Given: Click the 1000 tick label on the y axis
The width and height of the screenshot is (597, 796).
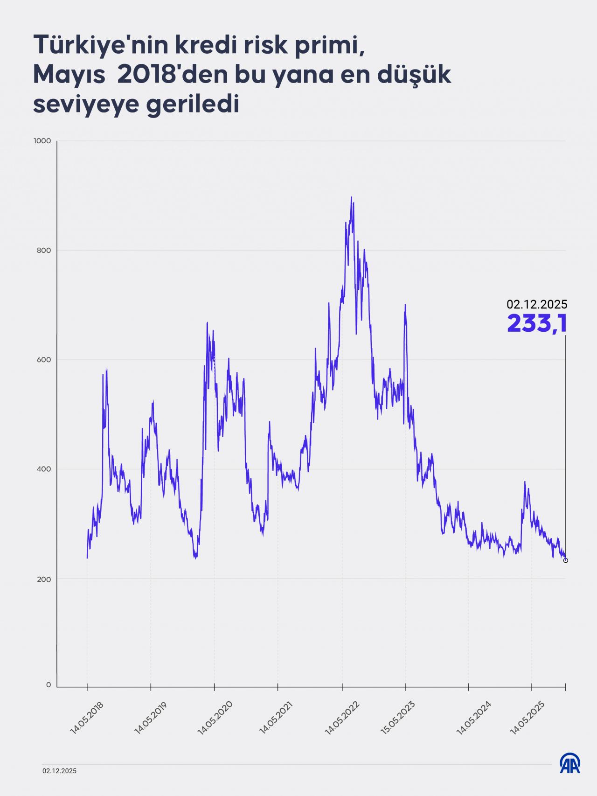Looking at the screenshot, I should point(42,141).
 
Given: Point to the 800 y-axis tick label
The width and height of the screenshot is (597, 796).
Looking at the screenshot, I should point(44,251).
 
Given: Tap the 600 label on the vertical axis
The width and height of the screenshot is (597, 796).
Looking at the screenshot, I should point(44,360).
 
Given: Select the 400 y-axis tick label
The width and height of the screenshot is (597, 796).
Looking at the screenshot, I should point(44,469).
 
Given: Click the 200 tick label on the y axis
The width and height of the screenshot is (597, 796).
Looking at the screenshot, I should point(44,579).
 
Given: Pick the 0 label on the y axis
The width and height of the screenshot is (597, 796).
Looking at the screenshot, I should point(49,685).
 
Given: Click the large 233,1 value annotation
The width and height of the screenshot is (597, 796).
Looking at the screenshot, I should point(537,323).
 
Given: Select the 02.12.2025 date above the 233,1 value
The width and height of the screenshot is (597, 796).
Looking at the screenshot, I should point(537,305).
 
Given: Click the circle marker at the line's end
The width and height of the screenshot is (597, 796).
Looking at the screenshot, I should point(566,560).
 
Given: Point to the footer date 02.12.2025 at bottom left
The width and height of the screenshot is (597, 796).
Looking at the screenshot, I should point(59,771).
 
